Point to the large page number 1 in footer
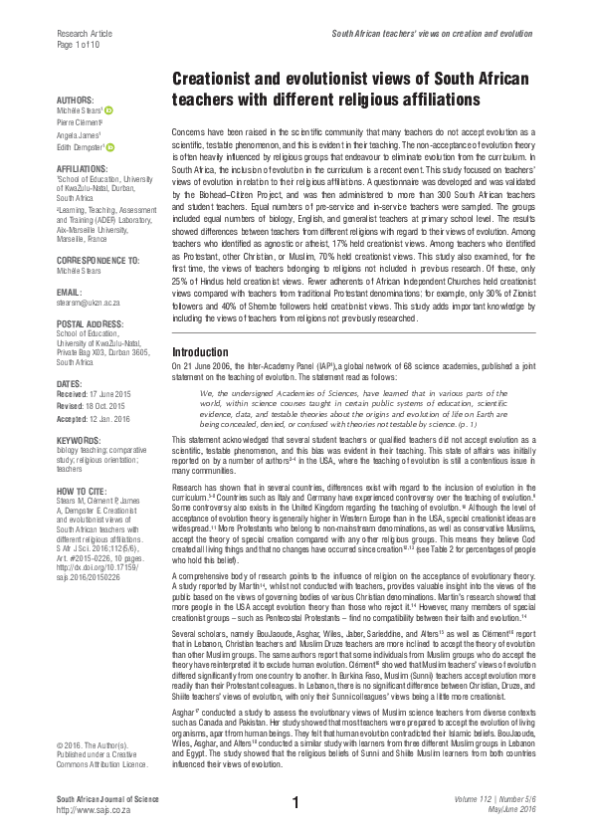296,802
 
